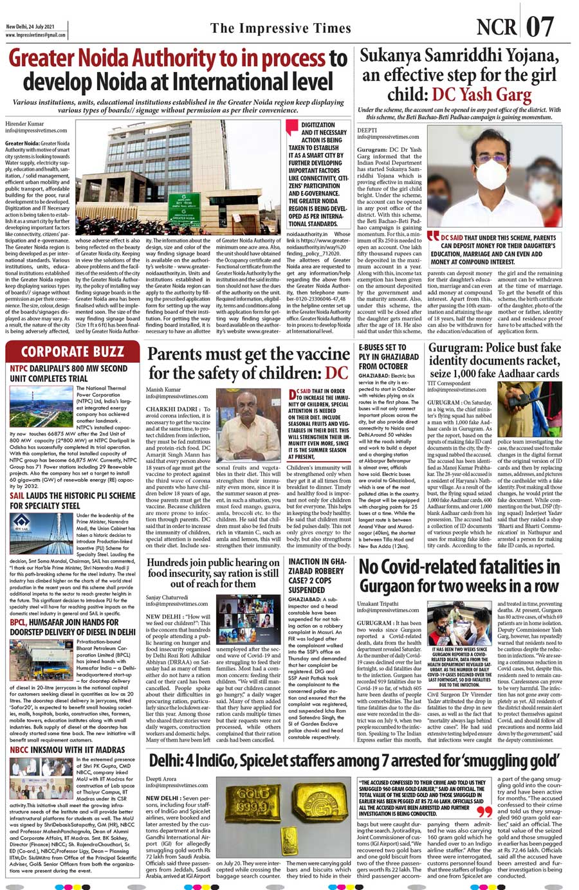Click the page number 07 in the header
coord(540,28)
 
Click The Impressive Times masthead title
coord(280,28)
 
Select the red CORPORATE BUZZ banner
coord(72,352)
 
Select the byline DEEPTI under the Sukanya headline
coord(367,129)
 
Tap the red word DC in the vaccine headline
coord(336,373)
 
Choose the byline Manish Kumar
coord(163,390)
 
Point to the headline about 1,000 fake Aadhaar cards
coord(494,361)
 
